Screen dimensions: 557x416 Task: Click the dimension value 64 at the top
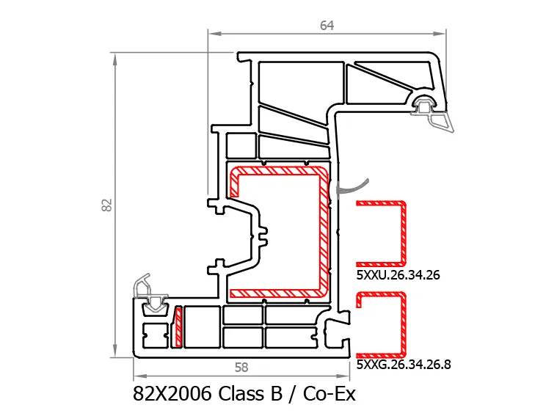tap(327, 26)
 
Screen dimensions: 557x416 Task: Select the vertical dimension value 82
tap(107, 205)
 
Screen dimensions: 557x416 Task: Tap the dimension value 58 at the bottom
tap(241, 368)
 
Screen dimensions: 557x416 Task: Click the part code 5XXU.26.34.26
tap(398, 275)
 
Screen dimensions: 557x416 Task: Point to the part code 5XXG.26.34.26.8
tap(404, 365)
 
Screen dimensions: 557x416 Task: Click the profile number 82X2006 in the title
tap(172, 393)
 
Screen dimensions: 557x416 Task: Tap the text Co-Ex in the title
tap(330, 393)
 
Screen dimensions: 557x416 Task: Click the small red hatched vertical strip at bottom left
tap(178, 326)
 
